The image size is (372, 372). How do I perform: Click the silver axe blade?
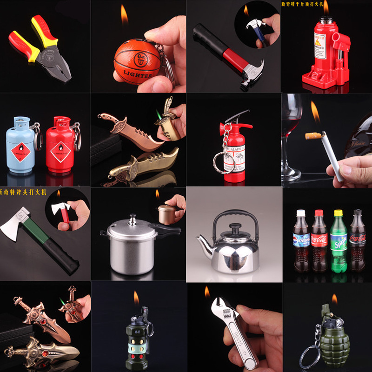(x=14, y=223)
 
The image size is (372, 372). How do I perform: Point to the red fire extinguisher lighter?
(x=234, y=149)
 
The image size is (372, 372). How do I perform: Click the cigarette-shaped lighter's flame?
(x=315, y=114)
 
